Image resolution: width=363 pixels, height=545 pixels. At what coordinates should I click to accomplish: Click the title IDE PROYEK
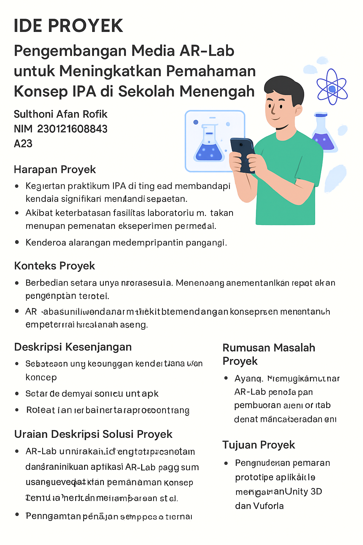68,26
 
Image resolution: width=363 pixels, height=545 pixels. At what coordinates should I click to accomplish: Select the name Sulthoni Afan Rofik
61,114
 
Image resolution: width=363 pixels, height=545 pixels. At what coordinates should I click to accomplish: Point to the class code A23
23,144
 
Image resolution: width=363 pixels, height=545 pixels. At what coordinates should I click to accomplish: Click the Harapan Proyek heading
55,170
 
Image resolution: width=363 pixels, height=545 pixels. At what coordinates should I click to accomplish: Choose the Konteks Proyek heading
55,266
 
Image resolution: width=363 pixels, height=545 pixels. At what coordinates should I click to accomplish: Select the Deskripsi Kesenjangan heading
73,347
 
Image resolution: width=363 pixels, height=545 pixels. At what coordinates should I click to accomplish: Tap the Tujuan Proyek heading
259,445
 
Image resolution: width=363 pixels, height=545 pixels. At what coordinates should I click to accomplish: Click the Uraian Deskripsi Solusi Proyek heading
93,434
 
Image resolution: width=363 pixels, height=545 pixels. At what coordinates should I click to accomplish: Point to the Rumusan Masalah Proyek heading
269,354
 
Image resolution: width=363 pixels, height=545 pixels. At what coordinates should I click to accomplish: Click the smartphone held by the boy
242,154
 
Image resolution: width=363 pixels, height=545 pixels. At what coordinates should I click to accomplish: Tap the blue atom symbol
332,89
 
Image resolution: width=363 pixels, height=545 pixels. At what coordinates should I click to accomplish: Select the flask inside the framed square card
209,144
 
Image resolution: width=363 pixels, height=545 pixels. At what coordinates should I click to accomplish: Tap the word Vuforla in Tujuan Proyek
268,506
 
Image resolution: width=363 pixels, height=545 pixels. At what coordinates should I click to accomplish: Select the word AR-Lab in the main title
207,51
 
